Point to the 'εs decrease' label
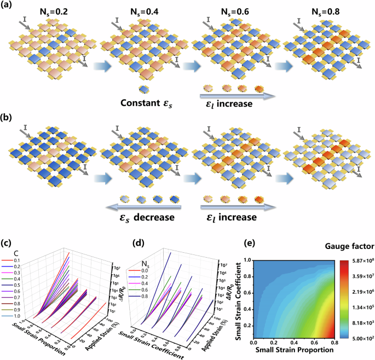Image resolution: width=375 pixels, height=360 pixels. pyautogui.click(x=139, y=217)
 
